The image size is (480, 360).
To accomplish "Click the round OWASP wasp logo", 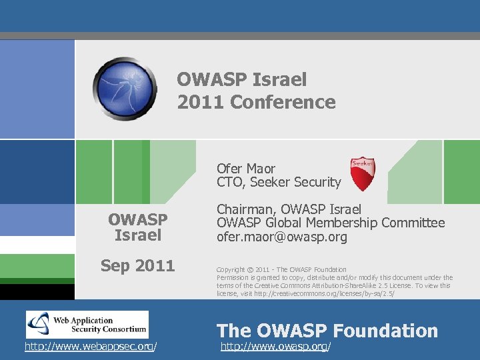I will [x=125, y=89].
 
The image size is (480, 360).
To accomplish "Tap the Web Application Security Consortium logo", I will [x=87, y=325].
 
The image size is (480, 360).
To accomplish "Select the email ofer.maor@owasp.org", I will [x=282, y=237].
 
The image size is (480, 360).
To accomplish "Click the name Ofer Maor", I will [x=246, y=169].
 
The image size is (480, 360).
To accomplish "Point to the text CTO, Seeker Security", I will [x=279, y=182].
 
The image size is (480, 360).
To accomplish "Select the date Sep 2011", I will [x=137, y=266].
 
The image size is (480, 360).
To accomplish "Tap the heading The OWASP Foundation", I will [x=327, y=331].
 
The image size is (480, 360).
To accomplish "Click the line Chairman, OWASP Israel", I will [x=289, y=209].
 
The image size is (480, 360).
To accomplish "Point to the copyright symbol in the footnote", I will [x=250, y=269].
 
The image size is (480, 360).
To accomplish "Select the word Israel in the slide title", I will [x=281, y=80].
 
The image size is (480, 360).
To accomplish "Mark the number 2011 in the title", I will [x=200, y=102].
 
